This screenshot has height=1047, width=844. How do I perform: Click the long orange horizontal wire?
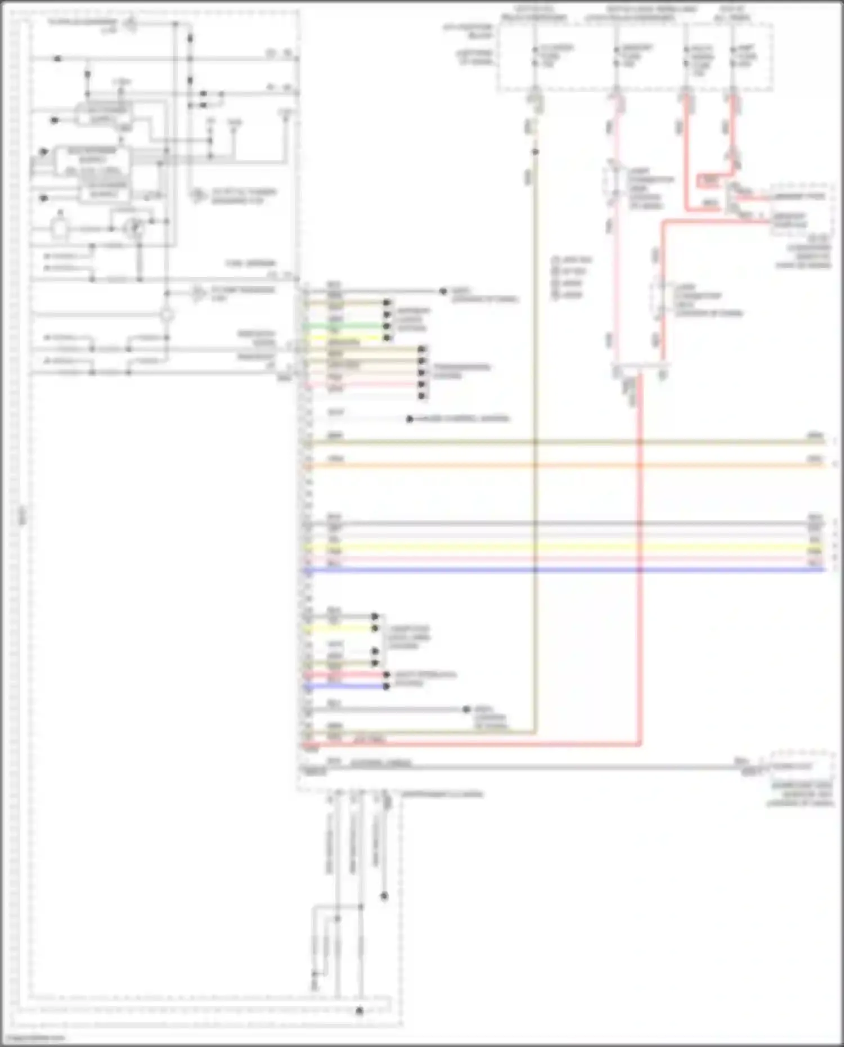(x=563, y=466)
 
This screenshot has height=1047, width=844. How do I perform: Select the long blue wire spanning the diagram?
(x=563, y=570)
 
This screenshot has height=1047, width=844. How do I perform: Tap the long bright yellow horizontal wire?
(x=563, y=547)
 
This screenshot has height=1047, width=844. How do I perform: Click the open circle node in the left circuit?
(x=167, y=315)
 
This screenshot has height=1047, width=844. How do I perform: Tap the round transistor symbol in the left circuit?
(x=134, y=228)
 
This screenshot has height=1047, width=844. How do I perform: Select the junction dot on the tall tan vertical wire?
(x=535, y=152)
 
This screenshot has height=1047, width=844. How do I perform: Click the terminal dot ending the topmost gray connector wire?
(x=443, y=291)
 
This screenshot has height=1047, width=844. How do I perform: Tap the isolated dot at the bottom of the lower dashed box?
(x=360, y=1011)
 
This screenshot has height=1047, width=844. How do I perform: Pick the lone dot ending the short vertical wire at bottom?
(x=384, y=896)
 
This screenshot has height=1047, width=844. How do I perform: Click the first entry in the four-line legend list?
(x=571, y=260)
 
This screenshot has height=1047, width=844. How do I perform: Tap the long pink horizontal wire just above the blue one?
(x=563, y=560)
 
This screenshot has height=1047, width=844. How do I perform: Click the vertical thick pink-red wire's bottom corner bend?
(x=639, y=744)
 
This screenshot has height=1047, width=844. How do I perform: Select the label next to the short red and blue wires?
(x=425, y=678)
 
